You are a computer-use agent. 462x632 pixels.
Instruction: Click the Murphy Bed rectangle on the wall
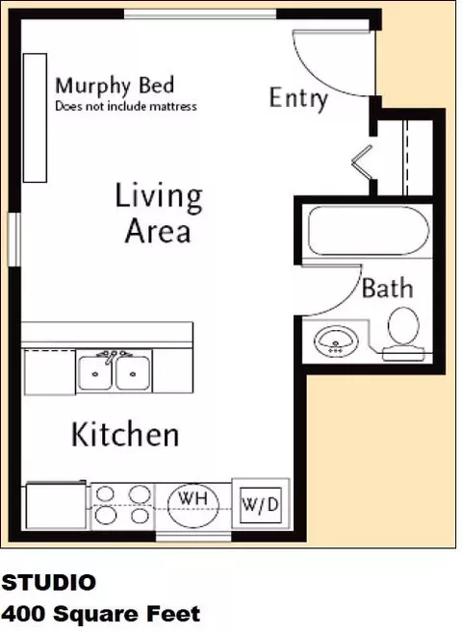[35, 118]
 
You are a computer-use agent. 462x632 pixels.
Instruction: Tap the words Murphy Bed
[115, 86]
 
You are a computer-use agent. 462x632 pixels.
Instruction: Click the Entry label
[298, 98]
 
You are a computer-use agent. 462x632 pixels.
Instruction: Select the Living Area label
[159, 214]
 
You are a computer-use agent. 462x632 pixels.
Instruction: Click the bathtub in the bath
[369, 231]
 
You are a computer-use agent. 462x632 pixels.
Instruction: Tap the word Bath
[388, 289]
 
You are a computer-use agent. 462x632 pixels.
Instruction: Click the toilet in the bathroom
[403, 334]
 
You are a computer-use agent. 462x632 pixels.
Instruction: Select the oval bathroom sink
[336, 341]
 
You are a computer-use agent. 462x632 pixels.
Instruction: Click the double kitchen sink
[115, 370]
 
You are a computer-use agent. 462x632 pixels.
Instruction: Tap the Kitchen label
[125, 435]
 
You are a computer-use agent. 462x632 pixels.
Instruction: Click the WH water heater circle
[193, 505]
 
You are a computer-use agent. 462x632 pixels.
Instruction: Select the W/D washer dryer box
[261, 505]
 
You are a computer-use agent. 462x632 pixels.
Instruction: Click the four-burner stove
[122, 505]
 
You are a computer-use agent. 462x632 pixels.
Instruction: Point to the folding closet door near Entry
[363, 162]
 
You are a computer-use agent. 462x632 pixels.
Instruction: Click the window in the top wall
[200, 14]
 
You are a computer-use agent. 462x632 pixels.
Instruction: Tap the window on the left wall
[14, 240]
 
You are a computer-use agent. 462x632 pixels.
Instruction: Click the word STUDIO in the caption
[49, 582]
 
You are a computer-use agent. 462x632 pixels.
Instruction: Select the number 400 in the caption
[24, 615]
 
